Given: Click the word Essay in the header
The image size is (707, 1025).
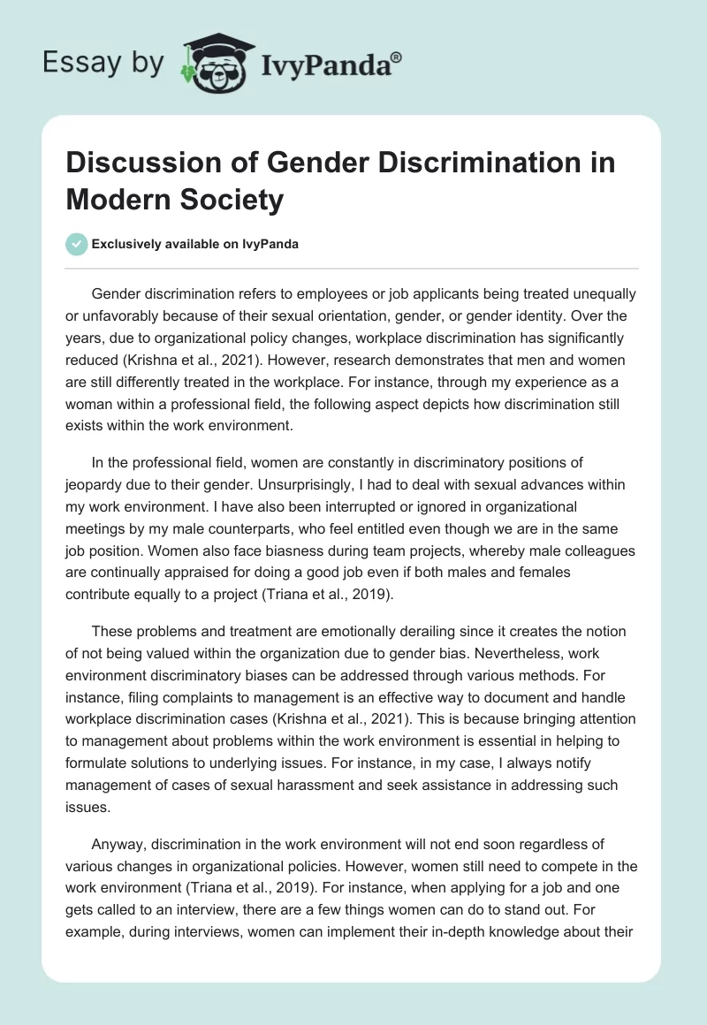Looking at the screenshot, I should tap(78, 63).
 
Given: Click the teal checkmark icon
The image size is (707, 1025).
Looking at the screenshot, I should tap(77, 244).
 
